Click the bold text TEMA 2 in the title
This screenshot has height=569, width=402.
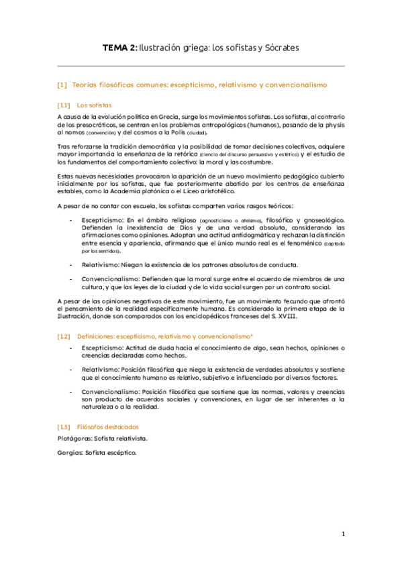119,48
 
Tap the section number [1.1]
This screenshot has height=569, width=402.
64,105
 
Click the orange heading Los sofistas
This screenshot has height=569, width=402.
94,105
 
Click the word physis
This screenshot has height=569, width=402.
334,125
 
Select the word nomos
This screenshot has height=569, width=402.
74,133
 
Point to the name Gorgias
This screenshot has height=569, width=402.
69,453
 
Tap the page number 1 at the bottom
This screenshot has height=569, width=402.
342,534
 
